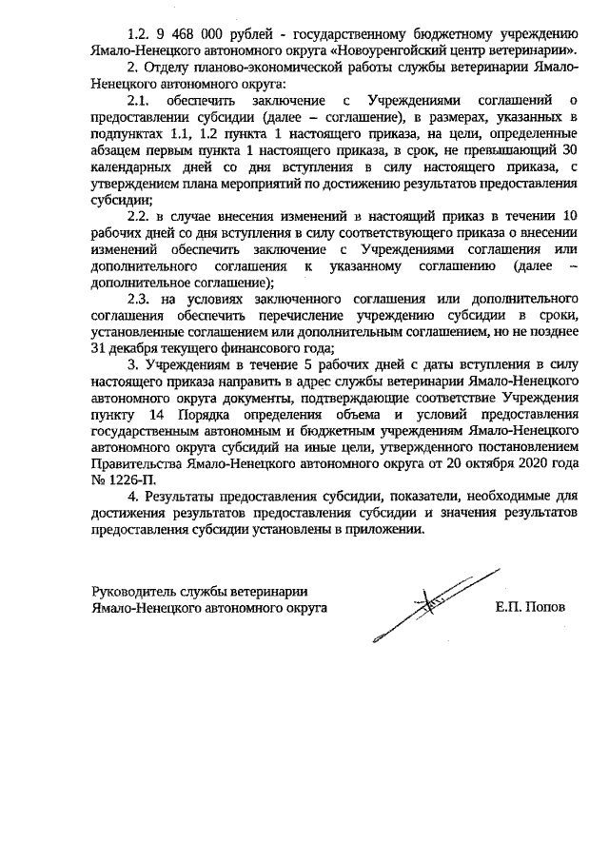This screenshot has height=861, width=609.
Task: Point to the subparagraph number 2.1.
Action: point(139,99)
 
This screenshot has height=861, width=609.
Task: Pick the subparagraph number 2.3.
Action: point(139,301)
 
